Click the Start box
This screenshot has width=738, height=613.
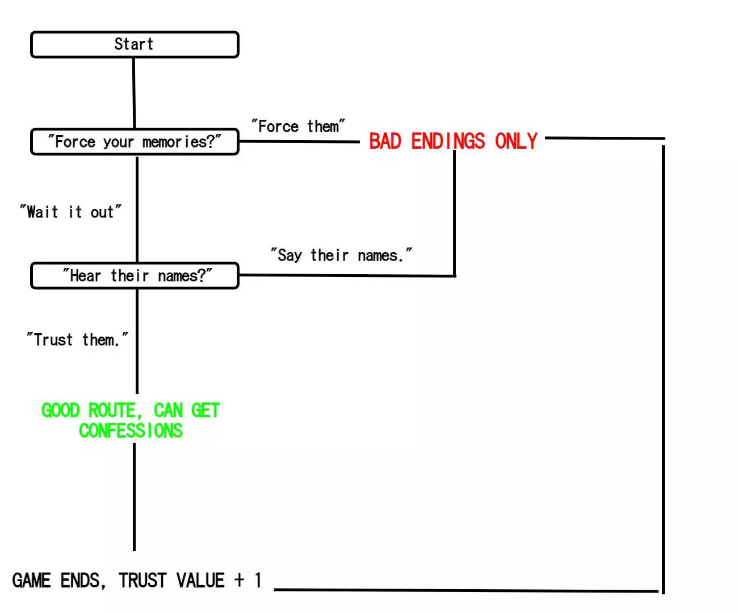point(135,45)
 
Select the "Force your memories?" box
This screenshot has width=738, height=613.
point(135,142)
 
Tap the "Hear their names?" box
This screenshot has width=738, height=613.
point(135,276)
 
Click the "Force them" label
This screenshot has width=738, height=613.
point(298,126)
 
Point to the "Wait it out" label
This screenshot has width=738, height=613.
point(70,212)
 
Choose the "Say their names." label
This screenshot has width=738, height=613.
point(341,255)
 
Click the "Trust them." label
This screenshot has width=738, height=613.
point(77,340)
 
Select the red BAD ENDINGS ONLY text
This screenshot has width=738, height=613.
point(453,141)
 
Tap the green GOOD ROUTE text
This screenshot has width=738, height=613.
point(130,410)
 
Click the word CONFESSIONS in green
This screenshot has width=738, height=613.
point(131,431)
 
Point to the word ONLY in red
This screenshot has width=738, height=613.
point(516,141)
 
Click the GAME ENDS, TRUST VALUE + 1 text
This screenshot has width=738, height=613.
point(137,581)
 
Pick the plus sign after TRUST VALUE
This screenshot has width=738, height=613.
point(240,580)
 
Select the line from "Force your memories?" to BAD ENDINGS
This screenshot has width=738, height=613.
point(299,141)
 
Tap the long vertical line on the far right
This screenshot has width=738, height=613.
point(663,369)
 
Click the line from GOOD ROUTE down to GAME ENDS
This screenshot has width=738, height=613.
point(134,497)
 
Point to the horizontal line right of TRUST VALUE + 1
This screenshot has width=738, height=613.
point(466,590)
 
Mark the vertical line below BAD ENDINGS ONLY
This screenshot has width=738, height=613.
point(454,216)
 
